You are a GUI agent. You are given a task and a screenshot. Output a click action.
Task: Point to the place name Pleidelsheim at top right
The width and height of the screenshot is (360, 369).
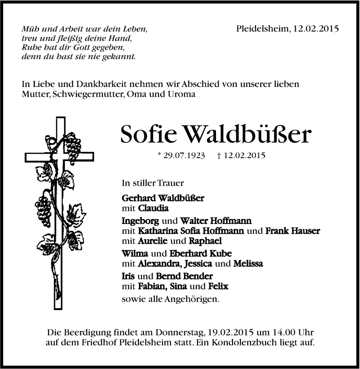262,28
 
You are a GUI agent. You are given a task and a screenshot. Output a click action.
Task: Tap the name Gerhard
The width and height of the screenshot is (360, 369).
137,198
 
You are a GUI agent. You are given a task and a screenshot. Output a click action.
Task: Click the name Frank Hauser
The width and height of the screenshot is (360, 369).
292,231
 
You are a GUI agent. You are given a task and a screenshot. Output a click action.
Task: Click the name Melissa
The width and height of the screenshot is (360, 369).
248,264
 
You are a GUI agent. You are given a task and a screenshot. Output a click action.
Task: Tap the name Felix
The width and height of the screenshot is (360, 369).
219,286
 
